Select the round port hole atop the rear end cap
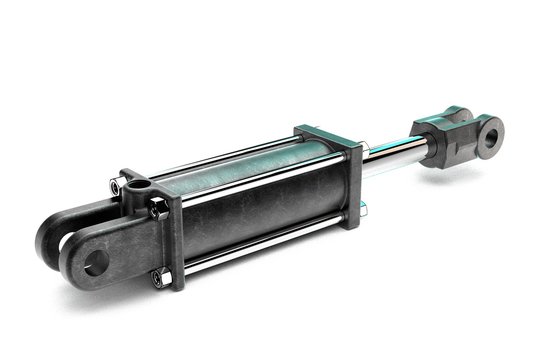(135, 186)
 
